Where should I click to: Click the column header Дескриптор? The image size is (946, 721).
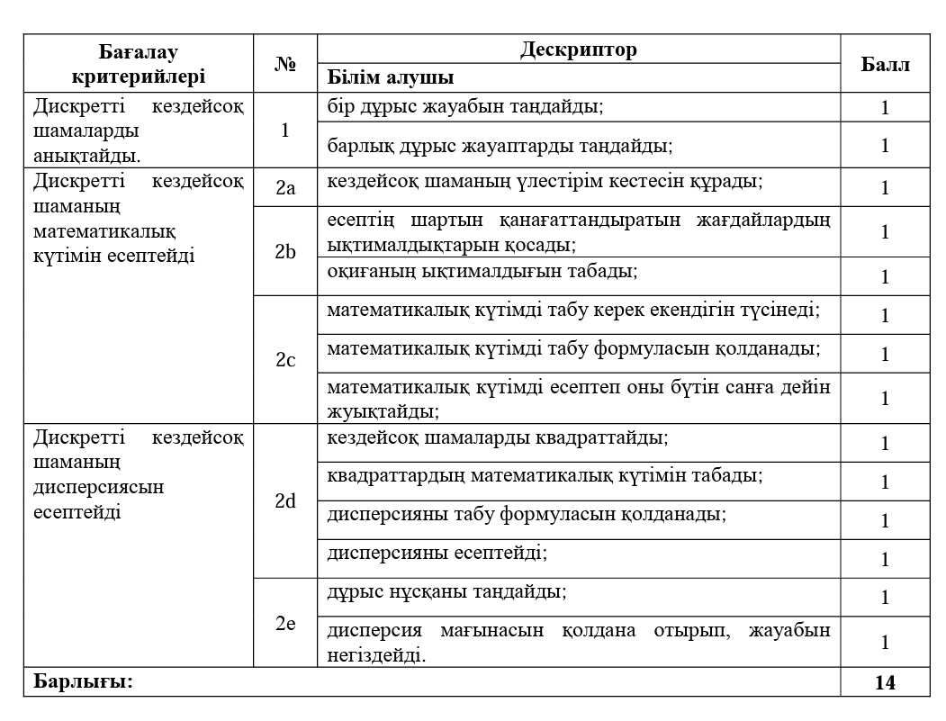(x=578, y=50)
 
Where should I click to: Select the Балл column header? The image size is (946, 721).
(x=885, y=64)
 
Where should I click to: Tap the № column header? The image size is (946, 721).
(x=285, y=64)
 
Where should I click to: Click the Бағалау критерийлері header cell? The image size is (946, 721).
(x=140, y=64)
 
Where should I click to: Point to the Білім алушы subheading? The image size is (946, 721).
(x=390, y=77)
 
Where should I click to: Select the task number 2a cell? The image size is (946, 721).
(x=285, y=187)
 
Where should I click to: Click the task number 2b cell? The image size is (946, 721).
(x=285, y=251)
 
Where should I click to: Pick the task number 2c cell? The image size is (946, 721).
(x=285, y=360)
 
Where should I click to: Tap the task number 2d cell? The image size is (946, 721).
(x=285, y=501)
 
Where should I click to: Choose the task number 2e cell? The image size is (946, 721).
(x=285, y=623)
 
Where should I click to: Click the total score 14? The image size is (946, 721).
(x=885, y=682)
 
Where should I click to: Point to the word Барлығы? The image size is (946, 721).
(x=83, y=681)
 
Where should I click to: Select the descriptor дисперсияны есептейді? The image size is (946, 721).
(x=437, y=552)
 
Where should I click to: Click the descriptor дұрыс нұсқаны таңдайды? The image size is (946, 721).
(x=446, y=591)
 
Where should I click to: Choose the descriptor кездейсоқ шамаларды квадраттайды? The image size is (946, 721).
(x=497, y=437)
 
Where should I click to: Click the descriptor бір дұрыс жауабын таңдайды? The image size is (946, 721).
(x=464, y=106)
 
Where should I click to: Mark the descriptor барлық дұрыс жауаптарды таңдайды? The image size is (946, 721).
(x=500, y=144)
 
